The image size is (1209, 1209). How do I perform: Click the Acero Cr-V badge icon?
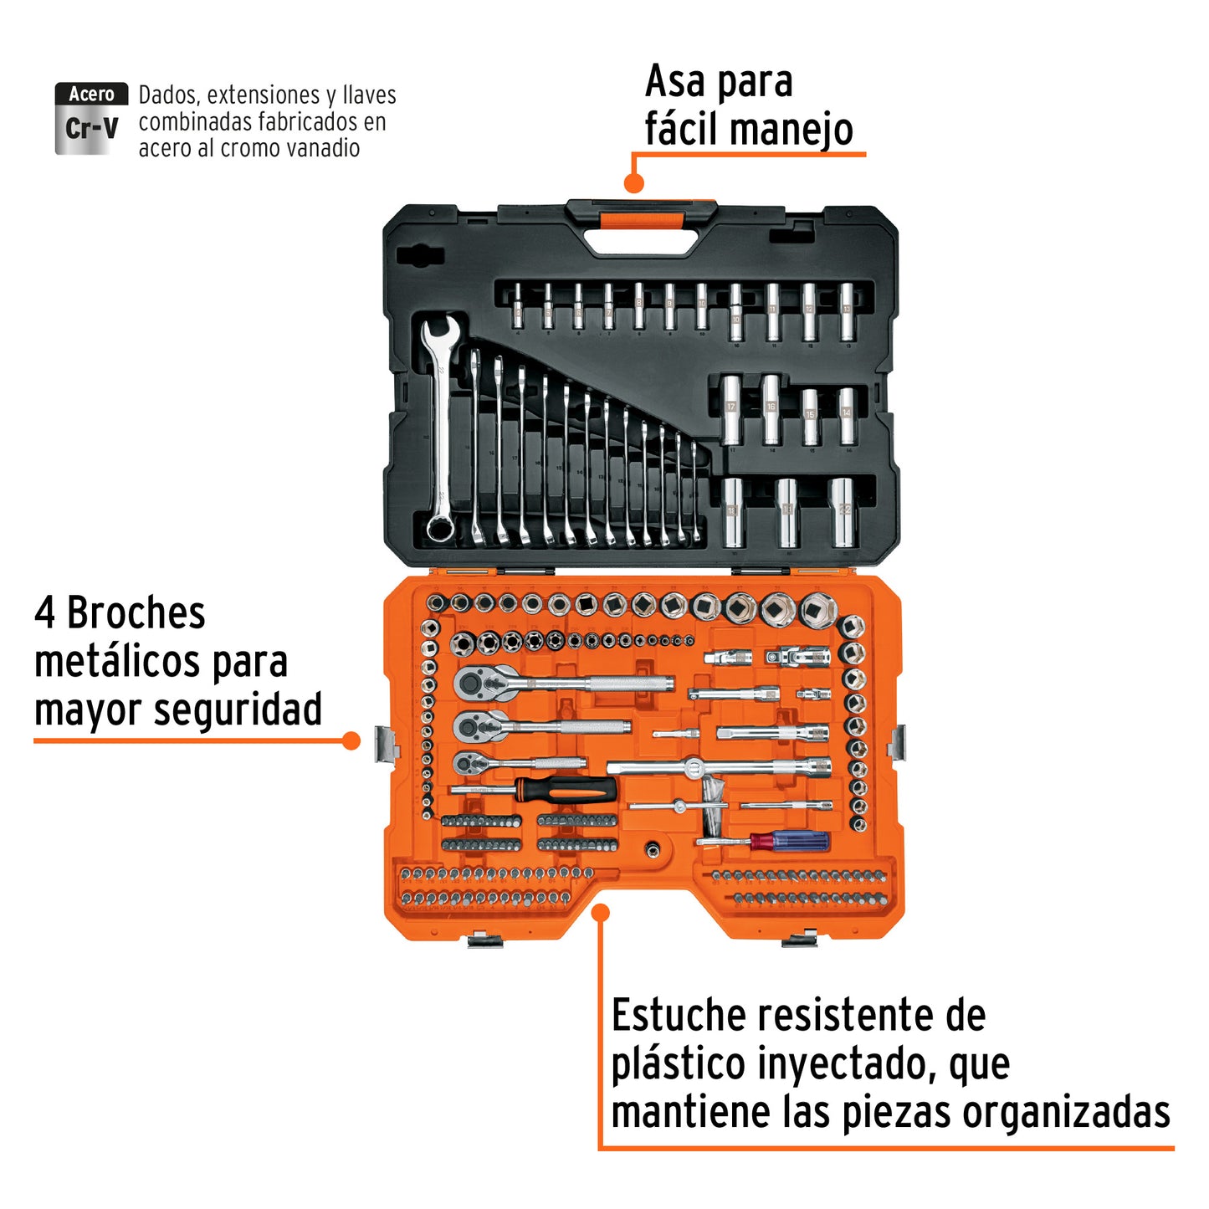click(91, 119)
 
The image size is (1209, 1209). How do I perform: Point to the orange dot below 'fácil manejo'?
click(634, 182)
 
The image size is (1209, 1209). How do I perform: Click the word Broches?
click(136, 613)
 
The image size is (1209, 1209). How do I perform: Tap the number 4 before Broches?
click(44, 613)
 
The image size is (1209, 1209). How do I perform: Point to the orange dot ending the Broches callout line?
click(352, 740)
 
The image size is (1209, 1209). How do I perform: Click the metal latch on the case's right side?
click(899, 743)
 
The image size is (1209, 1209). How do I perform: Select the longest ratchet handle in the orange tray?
click(562, 683)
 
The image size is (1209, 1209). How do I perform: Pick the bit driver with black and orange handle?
click(535, 789)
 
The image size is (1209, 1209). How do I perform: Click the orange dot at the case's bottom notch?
click(600, 912)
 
